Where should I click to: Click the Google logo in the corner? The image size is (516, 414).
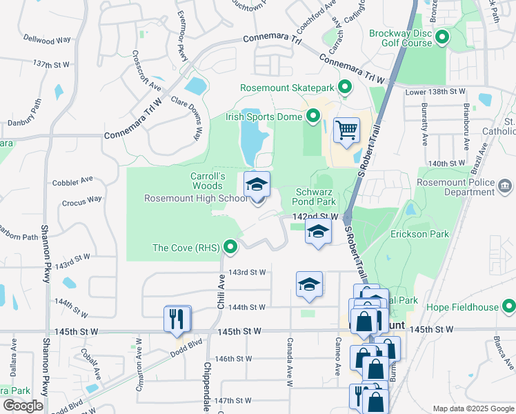23,406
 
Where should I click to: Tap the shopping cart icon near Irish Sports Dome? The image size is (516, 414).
346,130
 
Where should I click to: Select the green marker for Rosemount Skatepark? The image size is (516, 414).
344,88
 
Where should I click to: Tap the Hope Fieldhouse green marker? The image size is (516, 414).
508,305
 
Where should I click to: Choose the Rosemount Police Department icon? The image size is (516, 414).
505,186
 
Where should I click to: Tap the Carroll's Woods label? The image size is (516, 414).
207,181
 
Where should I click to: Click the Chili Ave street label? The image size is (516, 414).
222,289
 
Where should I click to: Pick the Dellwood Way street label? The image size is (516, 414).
47,39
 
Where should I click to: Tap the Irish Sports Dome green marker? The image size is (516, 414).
313,117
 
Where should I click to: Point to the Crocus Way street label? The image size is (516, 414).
81,199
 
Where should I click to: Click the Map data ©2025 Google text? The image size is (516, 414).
473,408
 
